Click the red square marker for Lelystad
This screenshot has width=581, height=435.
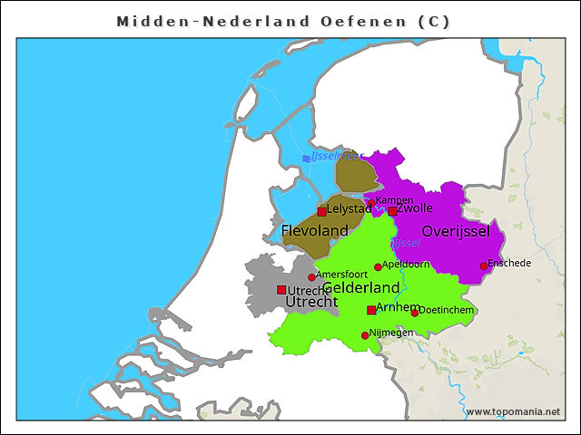click(x=322, y=211)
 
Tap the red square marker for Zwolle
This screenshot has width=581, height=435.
click(x=392, y=211)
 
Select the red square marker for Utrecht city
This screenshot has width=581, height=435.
click(x=281, y=290)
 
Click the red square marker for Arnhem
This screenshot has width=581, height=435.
click(x=371, y=310)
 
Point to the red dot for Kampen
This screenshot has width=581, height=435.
click(x=371, y=204)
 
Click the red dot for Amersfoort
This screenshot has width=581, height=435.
click(x=311, y=277)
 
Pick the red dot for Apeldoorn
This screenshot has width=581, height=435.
click(x=379, y=267)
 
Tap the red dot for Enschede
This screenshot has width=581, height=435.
click(x=484, y=266)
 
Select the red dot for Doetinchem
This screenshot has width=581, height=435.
click(x=415, y=313)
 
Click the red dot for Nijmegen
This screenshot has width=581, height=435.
click(x=365, y=335)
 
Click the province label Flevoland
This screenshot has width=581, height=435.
click(x=314, y=231)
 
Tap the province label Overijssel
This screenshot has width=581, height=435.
click(x=456, y=231)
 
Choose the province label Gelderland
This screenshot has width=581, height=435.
click(x=361, y=287)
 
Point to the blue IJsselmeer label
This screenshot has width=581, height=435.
click(x=336, y=157)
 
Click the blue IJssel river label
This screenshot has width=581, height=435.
click(x=405, y=243)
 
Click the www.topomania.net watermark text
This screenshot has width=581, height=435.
click(x=513, y=411)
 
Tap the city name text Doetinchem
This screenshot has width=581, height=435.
click(x=447, y=310)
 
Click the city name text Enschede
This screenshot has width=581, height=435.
click(x=509, y=263)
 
